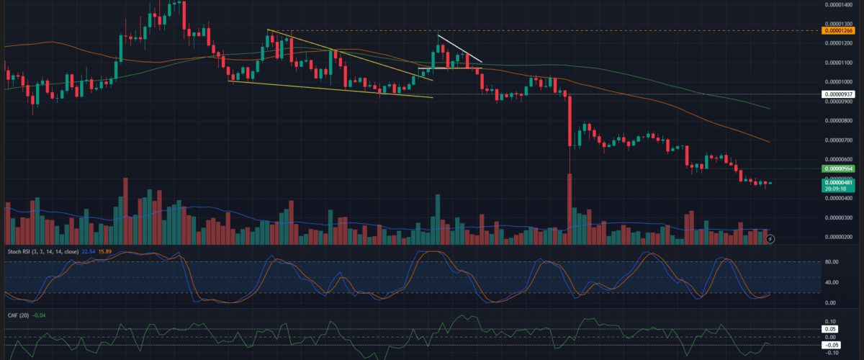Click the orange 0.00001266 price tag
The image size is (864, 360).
click(x=839, y=31)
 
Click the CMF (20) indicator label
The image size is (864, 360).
click(x=18, y=315)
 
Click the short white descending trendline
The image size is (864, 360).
click(x=460, y=48)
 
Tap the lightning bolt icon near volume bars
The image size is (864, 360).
click(x=770, y=238)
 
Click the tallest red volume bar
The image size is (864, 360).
click(x=570, y=209)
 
